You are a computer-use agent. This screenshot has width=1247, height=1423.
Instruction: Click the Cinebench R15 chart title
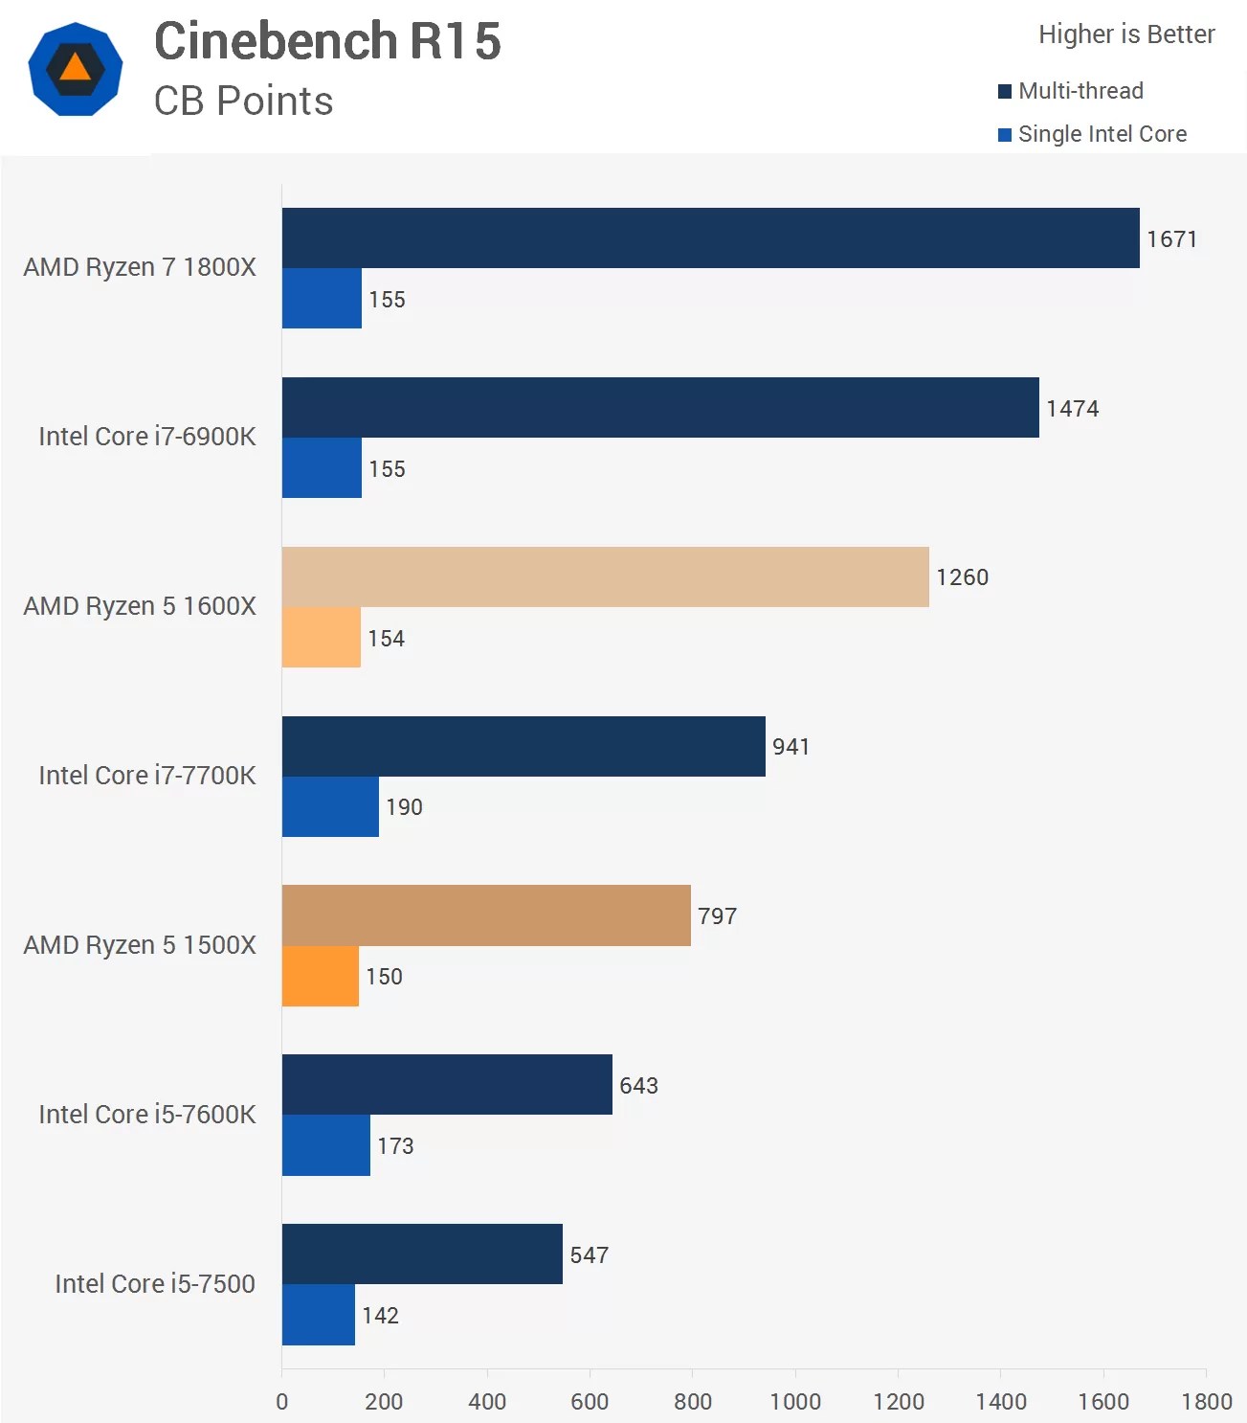coord(327,41)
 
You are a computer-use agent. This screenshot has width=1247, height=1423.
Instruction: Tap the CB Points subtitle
coord(243,101)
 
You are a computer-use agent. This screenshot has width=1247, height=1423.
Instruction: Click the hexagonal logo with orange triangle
coord(76,69)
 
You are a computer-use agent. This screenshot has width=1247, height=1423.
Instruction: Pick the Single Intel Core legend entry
coord(1092,134)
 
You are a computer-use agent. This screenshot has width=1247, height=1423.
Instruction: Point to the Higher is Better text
coord(1125,34)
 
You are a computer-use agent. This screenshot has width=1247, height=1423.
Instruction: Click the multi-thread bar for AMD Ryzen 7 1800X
coord(710,237)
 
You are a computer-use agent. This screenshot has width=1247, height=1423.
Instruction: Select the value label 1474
coord(1072,409)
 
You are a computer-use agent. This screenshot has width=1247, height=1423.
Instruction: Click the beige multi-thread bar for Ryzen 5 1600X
coord(605,576)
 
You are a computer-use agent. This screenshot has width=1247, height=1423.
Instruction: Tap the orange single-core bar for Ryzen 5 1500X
coord(320,976)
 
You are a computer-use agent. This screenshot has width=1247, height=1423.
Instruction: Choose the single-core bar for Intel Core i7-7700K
coord(330,806)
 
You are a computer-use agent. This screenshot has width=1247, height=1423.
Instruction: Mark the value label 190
coord(404,807)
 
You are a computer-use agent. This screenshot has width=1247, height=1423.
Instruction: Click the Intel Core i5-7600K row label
coord(146,1115)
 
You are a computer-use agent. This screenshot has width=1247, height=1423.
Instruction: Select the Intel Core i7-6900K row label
coord(146,437)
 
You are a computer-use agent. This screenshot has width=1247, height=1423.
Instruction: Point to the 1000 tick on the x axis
coord(795,1402)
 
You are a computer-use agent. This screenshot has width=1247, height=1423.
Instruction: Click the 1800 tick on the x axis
coord(1206,1402)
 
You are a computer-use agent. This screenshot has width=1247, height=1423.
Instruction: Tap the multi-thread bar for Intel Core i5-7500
coord(422,1254)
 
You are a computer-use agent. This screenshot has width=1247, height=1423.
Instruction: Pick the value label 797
coord(717,916)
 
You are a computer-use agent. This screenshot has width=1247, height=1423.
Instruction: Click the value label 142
coord(380,1316)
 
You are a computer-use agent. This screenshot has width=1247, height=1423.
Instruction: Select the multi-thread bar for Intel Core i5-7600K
coord(447,1084)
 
